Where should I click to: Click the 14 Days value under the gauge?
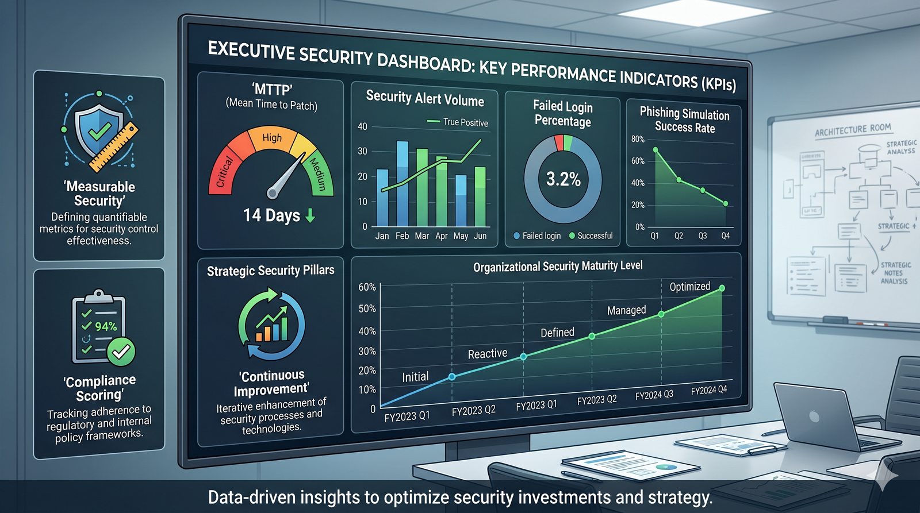pyautogui.click(x=271, y=215)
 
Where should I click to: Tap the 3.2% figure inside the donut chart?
pyautogui.click(x=563, y=179)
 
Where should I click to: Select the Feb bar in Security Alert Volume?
pyautogui.click(x=402, y=184)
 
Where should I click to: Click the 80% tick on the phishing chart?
pyautogui.click(x=638, y=139)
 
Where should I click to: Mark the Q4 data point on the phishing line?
pyautogui.click(x=726, y=203)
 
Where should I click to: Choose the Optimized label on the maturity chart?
pyautogui.click(x=689, y=286)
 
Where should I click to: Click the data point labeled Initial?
pyautogui.click(x=452, y=377)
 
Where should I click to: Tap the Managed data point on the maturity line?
pyautogui.click(x=661, y=314)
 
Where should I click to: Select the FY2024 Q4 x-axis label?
pyautogui.click(x=708, y=390)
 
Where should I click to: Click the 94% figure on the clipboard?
pyautogui.click(x=106, y=326)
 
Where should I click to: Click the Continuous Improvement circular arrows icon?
pyautogui.click(x=271, y=325)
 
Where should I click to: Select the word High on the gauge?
pyautogui.click(x=272, y=138)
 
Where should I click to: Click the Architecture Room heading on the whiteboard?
pyautogui.click(x=853, y=130)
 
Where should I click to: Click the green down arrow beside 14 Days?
pyautogui.click(x=310, y=215)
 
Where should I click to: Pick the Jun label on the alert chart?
pyautogui.click(x=480, y=236)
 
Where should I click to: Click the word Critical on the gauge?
pyautogui.click(x=224, y=171)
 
